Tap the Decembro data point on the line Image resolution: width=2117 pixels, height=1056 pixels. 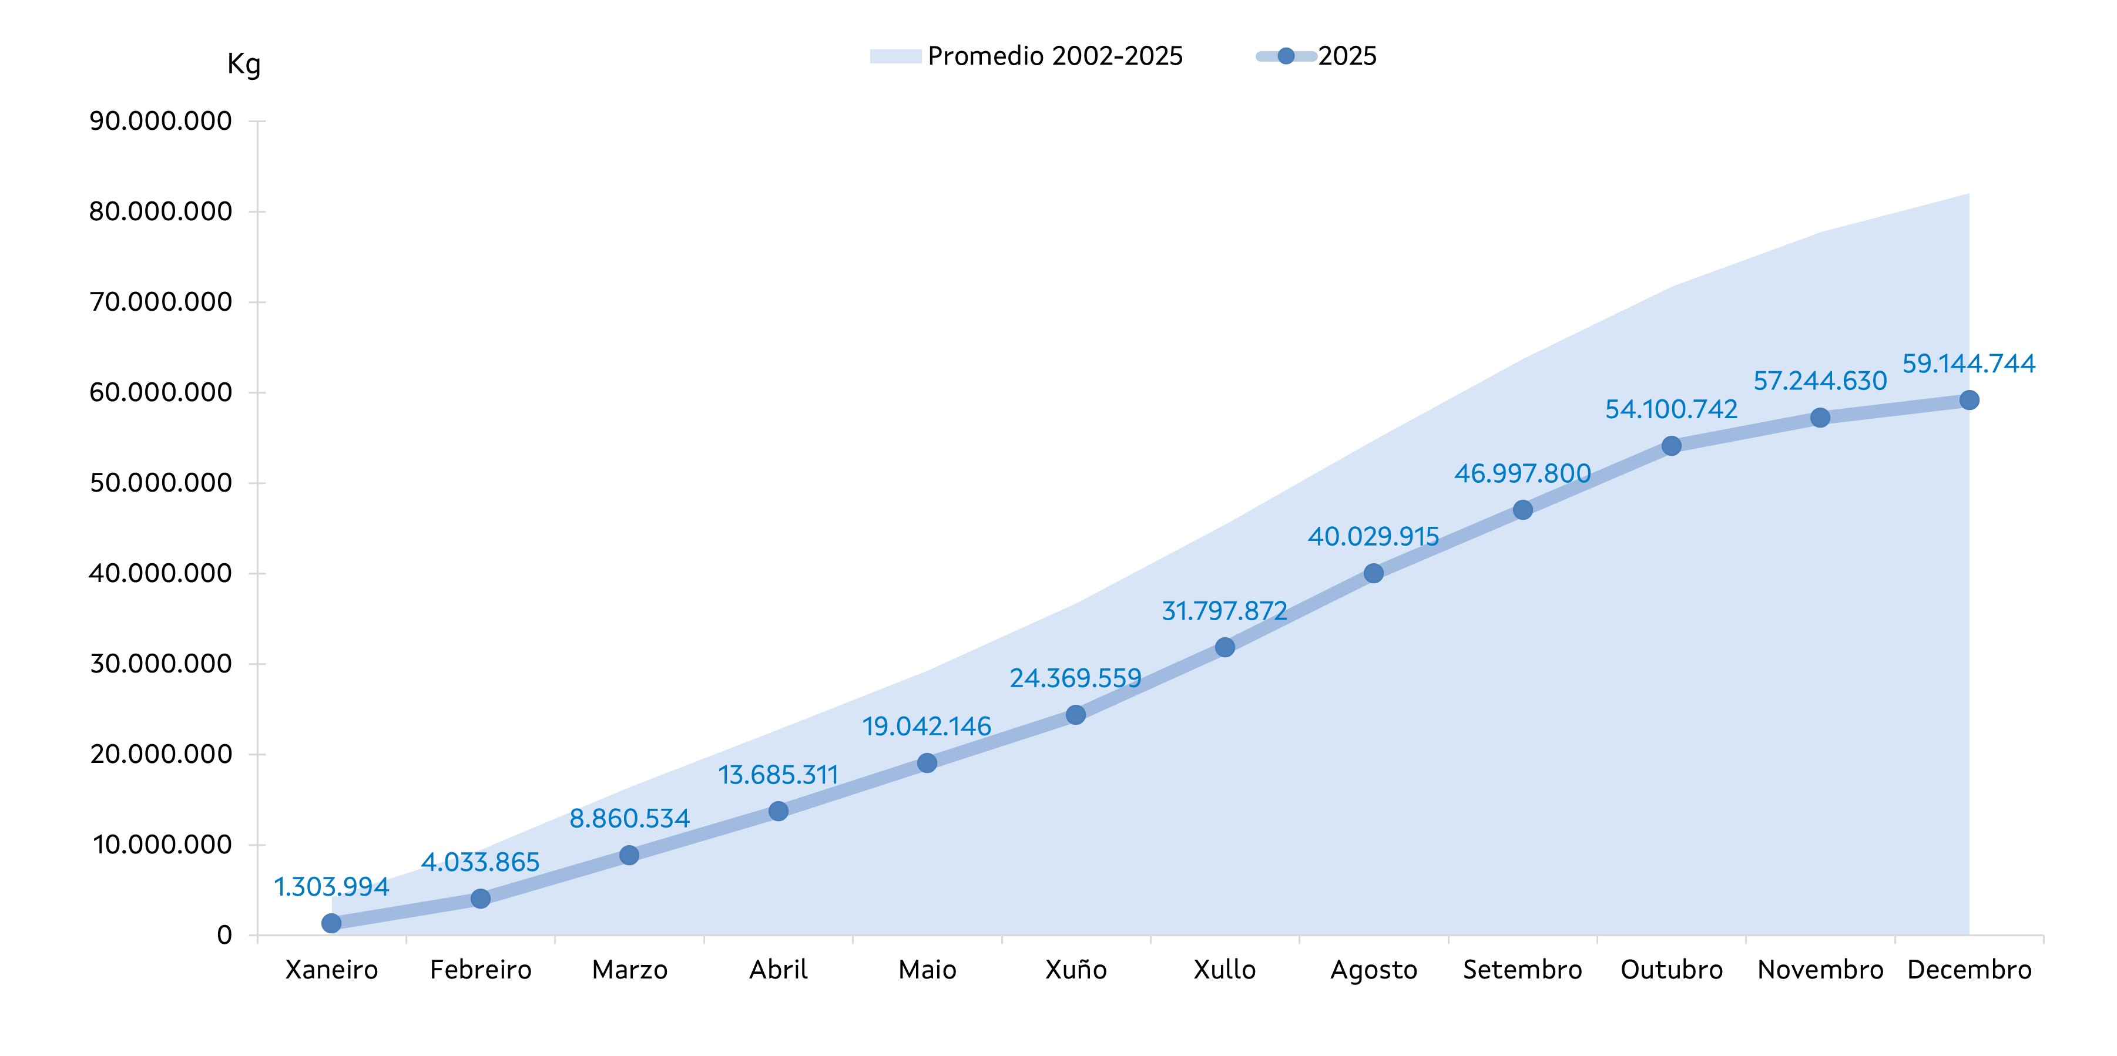(1969, 400)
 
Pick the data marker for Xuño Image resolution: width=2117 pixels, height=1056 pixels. (1076, 715)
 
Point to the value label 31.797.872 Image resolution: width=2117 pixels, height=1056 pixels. (1224, 611)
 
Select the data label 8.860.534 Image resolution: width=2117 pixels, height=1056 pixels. (629, 819)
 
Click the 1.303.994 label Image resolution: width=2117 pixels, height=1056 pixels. (331, 887)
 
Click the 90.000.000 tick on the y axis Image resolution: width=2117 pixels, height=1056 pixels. (160, 122)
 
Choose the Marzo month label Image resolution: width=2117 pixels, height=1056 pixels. (629, 970)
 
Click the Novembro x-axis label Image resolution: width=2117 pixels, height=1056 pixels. (1820, 970)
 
